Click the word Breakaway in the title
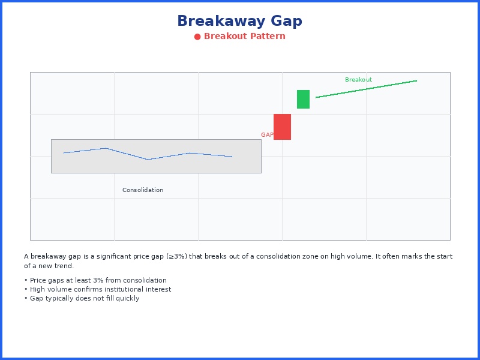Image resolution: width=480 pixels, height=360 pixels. (x=221, y=22)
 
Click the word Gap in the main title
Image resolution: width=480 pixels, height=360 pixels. (x=286, y=22)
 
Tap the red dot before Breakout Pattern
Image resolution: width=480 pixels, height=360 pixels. (x=197, y=37)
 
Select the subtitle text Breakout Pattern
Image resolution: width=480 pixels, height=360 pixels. (x=244, y=37)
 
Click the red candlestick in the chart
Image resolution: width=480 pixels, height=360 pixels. (x=282, y=127)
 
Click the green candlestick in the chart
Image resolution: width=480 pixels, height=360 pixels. (x=303, y=99)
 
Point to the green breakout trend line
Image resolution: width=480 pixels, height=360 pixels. (x=366, y=89)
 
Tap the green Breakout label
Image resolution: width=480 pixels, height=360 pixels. (x=358, y=80)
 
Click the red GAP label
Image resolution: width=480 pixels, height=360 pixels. (x=267, y=135)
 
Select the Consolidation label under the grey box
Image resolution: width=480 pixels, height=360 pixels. (x=143, y=190)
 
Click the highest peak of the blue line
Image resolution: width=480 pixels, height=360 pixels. (x=106, y=148)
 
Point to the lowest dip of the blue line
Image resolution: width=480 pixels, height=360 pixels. (x=148, y=160)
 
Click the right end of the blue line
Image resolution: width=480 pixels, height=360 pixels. (x=232, y=157)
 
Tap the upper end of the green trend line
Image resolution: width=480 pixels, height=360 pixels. (x=416, y=80)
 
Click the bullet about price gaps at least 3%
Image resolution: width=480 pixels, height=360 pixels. (x=95, y=280)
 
